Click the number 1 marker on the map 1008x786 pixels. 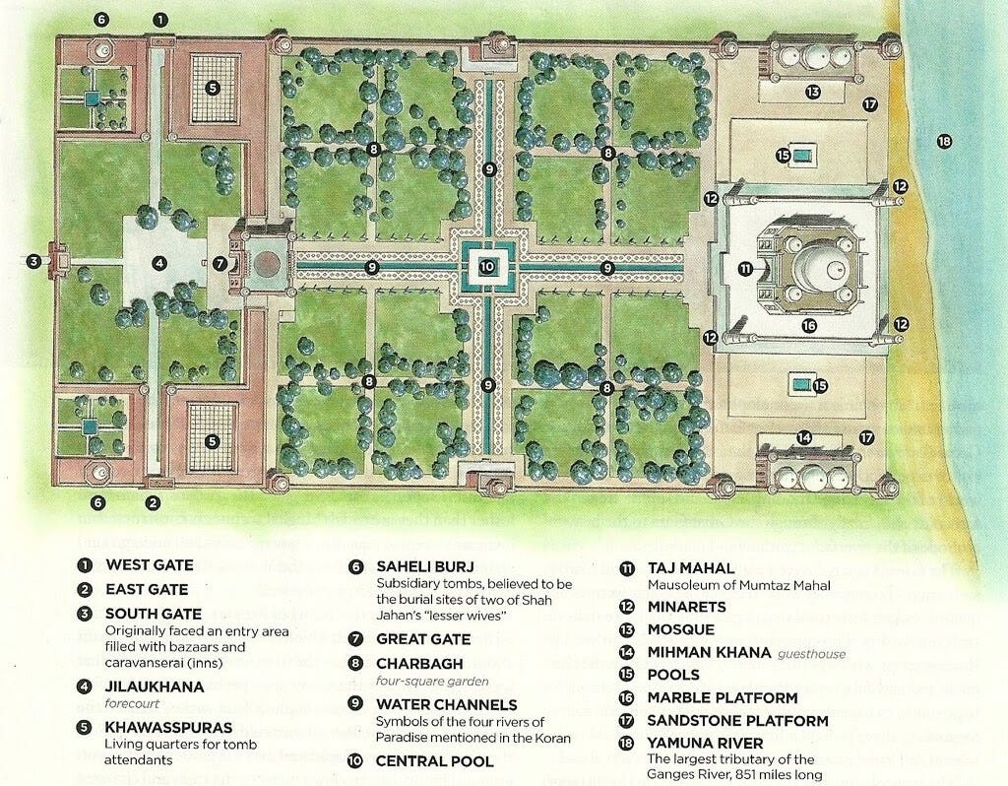click(161, 20)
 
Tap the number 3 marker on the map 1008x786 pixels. click(34, 261)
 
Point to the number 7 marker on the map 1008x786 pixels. click(220, 264)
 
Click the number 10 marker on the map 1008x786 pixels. click(489, 265)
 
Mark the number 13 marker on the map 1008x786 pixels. click(812, 93)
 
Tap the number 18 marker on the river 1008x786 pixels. click(944, 142)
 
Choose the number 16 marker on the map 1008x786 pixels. click(809, 325)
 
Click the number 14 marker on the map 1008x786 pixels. click(804, 437)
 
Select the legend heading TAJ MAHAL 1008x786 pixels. click(690, 568)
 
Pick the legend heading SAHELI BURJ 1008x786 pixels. click(425, 566)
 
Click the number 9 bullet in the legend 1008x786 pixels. click(356, 705)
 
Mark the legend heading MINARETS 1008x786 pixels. click(687, 607)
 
